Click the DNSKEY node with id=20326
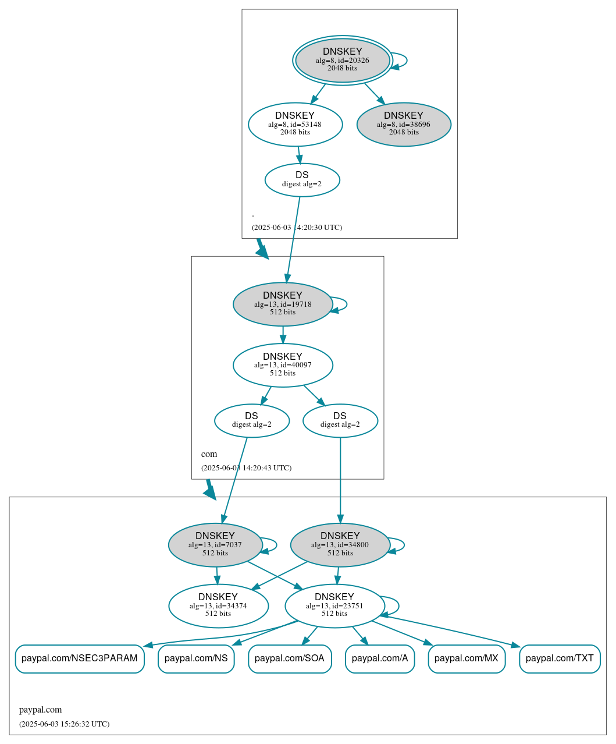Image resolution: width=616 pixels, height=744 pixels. [x=342, y=60]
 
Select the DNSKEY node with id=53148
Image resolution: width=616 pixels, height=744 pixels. [x=295, y=124]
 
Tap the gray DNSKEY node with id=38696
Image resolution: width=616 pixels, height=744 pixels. [x=404, y=124]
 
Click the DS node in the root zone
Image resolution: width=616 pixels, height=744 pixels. [x=302, y=179]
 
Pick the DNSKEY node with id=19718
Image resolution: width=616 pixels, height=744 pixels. [x=283, y=304]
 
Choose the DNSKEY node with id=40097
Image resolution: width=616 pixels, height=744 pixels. [x=283, y=365]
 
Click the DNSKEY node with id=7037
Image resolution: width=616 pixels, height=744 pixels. [x=215, y=545]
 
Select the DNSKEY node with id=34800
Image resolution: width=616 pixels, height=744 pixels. [x=340, y=545]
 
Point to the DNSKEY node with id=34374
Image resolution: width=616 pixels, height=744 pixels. [x=218, y=605]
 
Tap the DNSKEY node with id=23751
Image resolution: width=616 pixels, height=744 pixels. [x=334, y=605]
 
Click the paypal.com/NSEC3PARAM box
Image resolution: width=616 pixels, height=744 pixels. [x=80, y=658]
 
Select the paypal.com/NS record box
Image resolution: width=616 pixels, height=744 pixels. [x=196, y=658]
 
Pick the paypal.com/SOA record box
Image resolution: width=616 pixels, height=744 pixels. [x=290, y=658]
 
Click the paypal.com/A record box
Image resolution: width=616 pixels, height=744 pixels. [x=380, y=658]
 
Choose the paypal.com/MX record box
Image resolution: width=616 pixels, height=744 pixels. [x=467, y=658]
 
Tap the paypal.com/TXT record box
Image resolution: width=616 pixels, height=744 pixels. [x=560, y=658]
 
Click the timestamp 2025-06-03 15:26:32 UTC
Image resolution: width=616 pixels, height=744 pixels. [x=64, y=724]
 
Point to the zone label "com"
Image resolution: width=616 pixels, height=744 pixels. [x=209, y=454]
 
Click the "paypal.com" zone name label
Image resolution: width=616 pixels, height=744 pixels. [x=40, y=710]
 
